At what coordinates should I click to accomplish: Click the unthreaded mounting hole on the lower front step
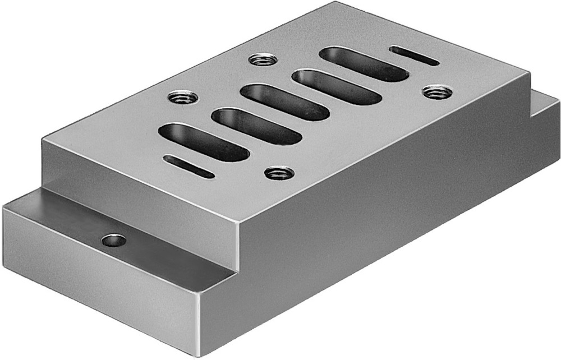pyautogui.click(x=114, y=241)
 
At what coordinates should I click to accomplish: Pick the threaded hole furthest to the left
pyautogui.click(x=183, y=96)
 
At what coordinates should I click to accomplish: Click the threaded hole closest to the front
pyautogui.click(x=279, y=173)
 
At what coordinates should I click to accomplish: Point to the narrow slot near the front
pyautogui.click(x=188, y=167)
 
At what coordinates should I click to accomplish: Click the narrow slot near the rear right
pyautogui.click(x=414, y=56)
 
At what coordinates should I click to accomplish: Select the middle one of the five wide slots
pyautogui.click(x=285, y=101)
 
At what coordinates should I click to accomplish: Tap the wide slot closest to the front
pyautogui.click(x=204, y=142)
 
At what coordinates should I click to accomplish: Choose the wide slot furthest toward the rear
pyautogui.click(x=364, y=64)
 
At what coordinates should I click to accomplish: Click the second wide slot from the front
pyautogui.click(x=256, y=126)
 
